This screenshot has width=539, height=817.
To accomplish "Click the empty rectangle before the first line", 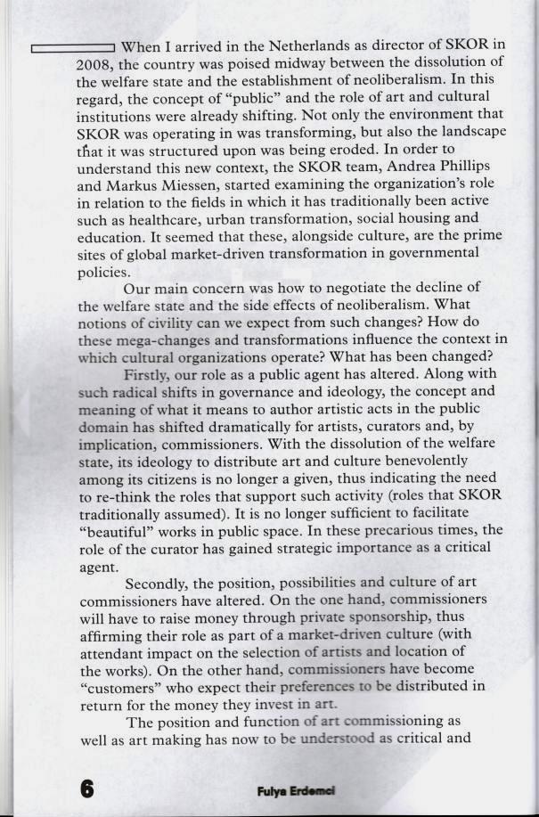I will (72, 48).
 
